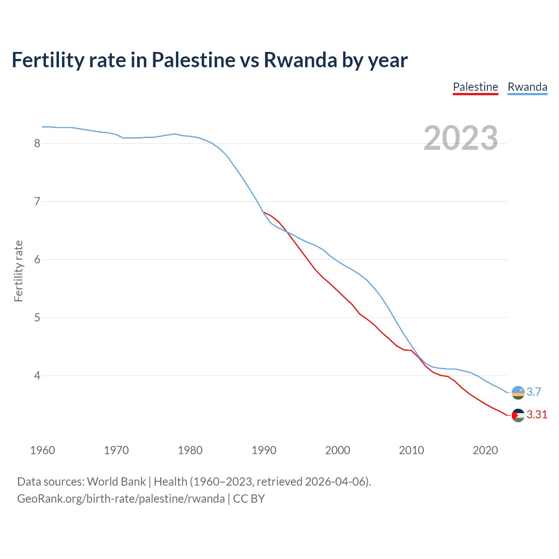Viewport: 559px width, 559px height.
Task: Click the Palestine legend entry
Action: click(475, 87)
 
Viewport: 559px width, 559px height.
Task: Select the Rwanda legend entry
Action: click(527, 87)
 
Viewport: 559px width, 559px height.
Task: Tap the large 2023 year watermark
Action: click(460, 138)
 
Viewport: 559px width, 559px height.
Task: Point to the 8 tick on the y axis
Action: click(37, 143)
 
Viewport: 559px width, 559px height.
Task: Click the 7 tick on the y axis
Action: click(37, 201)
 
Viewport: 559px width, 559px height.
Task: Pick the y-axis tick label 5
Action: click(37, 317)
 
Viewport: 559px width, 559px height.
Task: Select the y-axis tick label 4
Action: click(37, 376)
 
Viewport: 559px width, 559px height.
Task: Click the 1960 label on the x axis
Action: click(42, 450)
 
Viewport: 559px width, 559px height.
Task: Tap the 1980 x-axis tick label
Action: click(190, 450)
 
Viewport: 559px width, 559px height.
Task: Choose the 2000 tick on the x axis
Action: click(338, 450)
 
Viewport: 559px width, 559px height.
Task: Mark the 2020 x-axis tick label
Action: click(485, 450)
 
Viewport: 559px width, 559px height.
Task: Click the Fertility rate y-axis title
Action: click(18, 271)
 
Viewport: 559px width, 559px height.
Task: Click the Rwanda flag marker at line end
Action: click(518, 392)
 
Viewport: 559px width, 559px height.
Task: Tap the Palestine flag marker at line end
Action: click(518, 415)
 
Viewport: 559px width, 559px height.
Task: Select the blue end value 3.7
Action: click(534, 392)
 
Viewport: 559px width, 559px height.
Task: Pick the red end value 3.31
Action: click(537, 415)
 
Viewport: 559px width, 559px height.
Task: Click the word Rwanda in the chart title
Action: click(300, 60)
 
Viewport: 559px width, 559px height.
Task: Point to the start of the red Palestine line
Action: click(264, 212)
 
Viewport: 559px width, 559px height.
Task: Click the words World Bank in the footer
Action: click(116, 482)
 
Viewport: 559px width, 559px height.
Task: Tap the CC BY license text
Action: click(249, 499)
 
